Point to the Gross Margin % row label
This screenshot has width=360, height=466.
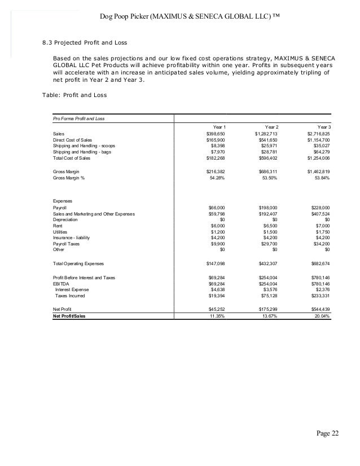(71, 178)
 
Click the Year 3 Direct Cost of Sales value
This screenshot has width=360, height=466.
(319, 139)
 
